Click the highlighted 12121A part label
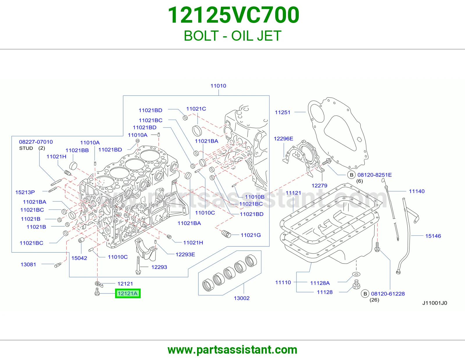(128, 293)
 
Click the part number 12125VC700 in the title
(233, 15)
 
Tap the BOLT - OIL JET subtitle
(233, 36)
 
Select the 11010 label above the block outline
(218, 86)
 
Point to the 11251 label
(282, 112)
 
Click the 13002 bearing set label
(242, 298)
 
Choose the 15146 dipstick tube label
(433, 236)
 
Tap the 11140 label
(417, 191)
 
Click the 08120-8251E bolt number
(375, 175)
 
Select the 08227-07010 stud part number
(36, 142)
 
